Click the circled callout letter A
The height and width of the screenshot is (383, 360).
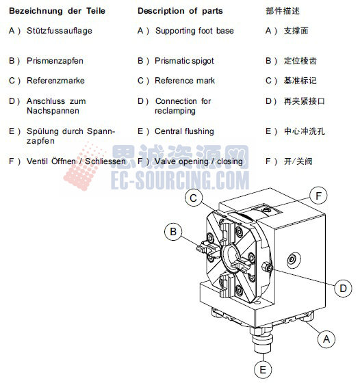click(x=326, y=337)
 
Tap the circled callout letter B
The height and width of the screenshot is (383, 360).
click(x=174, y=232)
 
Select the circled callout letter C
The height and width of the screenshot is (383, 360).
click(x=194, y=198)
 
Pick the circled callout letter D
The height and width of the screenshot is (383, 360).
click(x=344, y=288)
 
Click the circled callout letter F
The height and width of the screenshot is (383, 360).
click(x=318, y=196)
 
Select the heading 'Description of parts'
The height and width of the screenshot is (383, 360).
click(x=180, y=11)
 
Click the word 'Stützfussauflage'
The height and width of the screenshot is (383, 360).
click(x=60, y=31)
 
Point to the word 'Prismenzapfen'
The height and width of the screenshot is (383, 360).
click(x=55, y=61)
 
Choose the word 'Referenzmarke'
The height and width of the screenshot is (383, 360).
click(x=54, y=81)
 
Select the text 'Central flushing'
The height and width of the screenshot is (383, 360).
click(x=184, y=131)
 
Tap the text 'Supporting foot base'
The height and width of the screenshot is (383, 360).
click(x=194, y=31)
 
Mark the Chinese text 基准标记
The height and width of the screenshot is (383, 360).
click(x=300, y=81)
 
